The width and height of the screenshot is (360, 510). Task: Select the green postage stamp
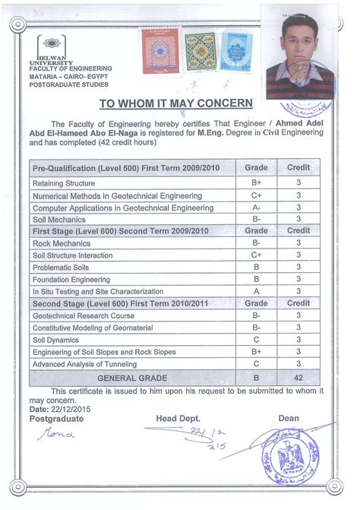tap(199, 51)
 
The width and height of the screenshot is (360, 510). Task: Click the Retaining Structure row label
tap(64, 183)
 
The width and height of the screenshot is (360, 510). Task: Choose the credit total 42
tap(298, 376)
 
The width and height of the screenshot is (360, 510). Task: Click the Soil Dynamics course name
tap(56, 340)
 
